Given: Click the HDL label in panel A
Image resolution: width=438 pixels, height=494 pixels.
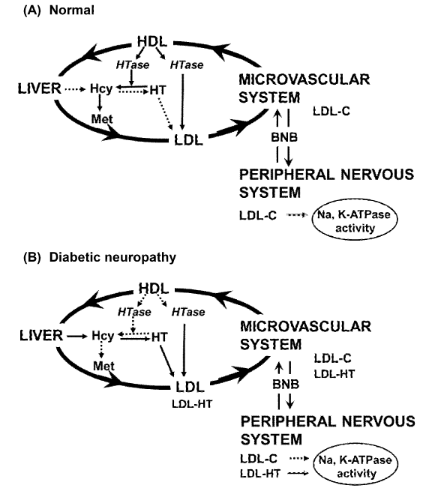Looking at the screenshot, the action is click(x=152, y=42).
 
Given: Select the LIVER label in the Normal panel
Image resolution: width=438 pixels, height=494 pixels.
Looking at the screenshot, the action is click(x=40, y=88).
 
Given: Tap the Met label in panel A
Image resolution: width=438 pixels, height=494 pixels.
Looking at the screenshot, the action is click(x=102, y=118).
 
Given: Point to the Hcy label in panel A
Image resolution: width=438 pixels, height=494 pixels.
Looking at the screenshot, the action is click(x=101, y=89).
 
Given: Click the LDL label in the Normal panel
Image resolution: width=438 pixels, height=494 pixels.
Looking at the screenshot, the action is click(x=188, y=140).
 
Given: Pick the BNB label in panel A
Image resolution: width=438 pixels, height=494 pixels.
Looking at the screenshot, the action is click(x=284, y=137).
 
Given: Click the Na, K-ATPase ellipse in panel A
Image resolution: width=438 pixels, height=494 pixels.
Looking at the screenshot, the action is click(x=355, y=220).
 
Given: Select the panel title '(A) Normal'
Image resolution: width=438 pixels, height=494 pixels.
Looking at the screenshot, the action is click(x=59, y=10).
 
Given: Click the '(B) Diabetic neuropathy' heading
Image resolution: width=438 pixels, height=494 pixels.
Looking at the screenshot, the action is click(x=100, y=257).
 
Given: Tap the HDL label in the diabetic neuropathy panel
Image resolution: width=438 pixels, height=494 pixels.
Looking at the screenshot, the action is click(x=154, y=289).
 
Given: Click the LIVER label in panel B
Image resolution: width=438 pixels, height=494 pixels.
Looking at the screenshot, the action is click(x=41, y=335).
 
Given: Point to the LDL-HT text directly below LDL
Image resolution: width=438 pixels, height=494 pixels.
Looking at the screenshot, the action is click(x=192, y=403).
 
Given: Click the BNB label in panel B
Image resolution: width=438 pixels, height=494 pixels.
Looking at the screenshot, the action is click(x=286, y=385).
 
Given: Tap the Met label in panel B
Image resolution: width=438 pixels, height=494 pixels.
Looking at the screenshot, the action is click(x=103, y=366).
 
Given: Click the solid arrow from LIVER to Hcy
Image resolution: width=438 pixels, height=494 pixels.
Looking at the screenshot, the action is click(x=76, y=337).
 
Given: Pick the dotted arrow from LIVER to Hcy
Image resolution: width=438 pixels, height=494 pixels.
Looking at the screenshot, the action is click(x=75, y=89).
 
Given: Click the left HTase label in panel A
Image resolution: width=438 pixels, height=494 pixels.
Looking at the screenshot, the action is click(x=133, y=65).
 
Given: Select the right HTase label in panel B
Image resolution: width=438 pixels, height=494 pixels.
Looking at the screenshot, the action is click(x=188, y=312).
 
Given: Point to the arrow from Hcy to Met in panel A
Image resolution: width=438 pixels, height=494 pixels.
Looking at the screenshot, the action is click(x=100, y=103).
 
